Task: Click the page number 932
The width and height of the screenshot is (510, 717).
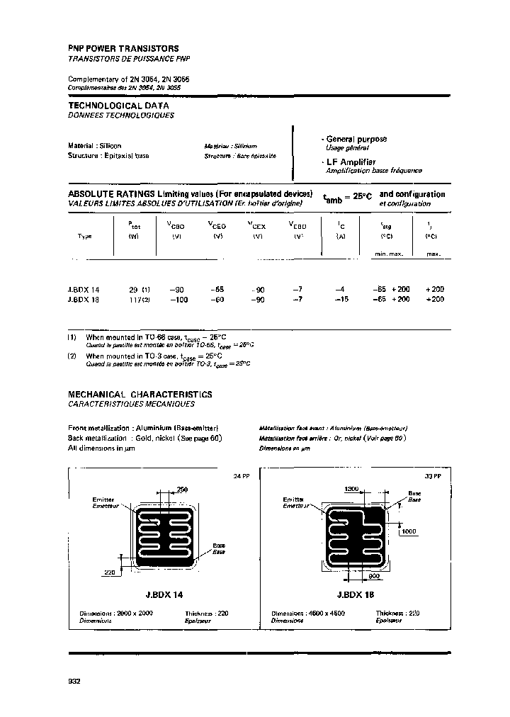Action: (74, 681)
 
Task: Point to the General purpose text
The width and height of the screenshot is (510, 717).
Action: (356, 139)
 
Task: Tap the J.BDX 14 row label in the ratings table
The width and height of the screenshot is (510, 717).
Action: (84, 290)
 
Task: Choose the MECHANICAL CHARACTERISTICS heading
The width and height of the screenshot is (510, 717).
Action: (140, 394)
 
